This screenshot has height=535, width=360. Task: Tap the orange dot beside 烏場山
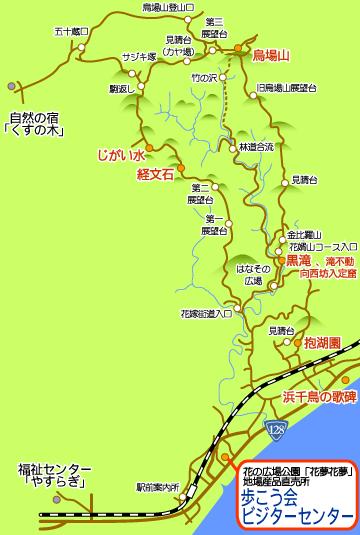[x=239, y=49]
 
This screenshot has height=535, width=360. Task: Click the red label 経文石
[x=156, y=174]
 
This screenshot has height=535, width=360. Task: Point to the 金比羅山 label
[x=306, y=232]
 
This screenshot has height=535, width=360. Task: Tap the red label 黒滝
[x=299, y=258]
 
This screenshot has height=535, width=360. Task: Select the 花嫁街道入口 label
[x=205, y=311]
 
